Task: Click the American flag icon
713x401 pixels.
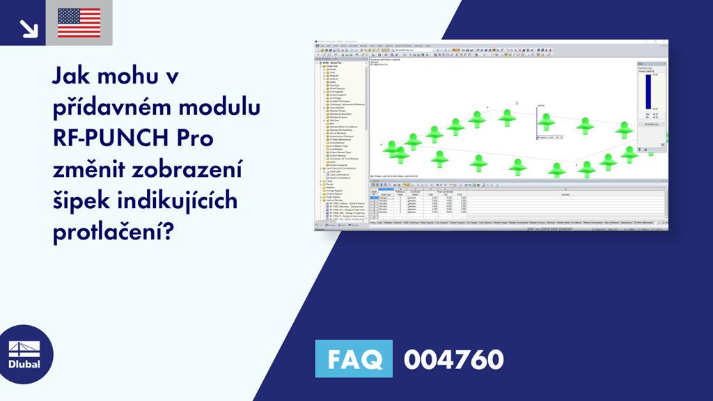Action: point(79,23)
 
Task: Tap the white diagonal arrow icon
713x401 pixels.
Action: point(29,28)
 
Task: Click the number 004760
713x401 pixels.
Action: point(453,360)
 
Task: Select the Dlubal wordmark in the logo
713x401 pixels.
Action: point(24,364)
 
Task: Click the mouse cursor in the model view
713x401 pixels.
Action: point(516,103)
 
